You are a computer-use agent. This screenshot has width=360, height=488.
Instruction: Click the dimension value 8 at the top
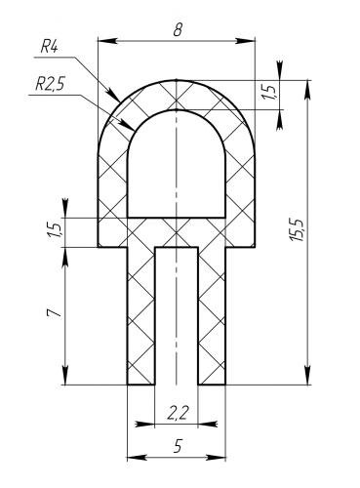point(178,30)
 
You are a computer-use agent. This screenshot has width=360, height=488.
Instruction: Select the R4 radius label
point(49,48)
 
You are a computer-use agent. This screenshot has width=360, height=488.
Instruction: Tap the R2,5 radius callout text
point(51,85)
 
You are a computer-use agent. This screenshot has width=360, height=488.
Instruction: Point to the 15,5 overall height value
point(298,230)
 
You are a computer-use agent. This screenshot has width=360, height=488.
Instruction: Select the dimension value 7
point(54,313)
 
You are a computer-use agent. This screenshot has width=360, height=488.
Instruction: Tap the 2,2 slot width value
point(178,413)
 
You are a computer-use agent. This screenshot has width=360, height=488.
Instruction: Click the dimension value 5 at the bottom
point(178,446)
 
